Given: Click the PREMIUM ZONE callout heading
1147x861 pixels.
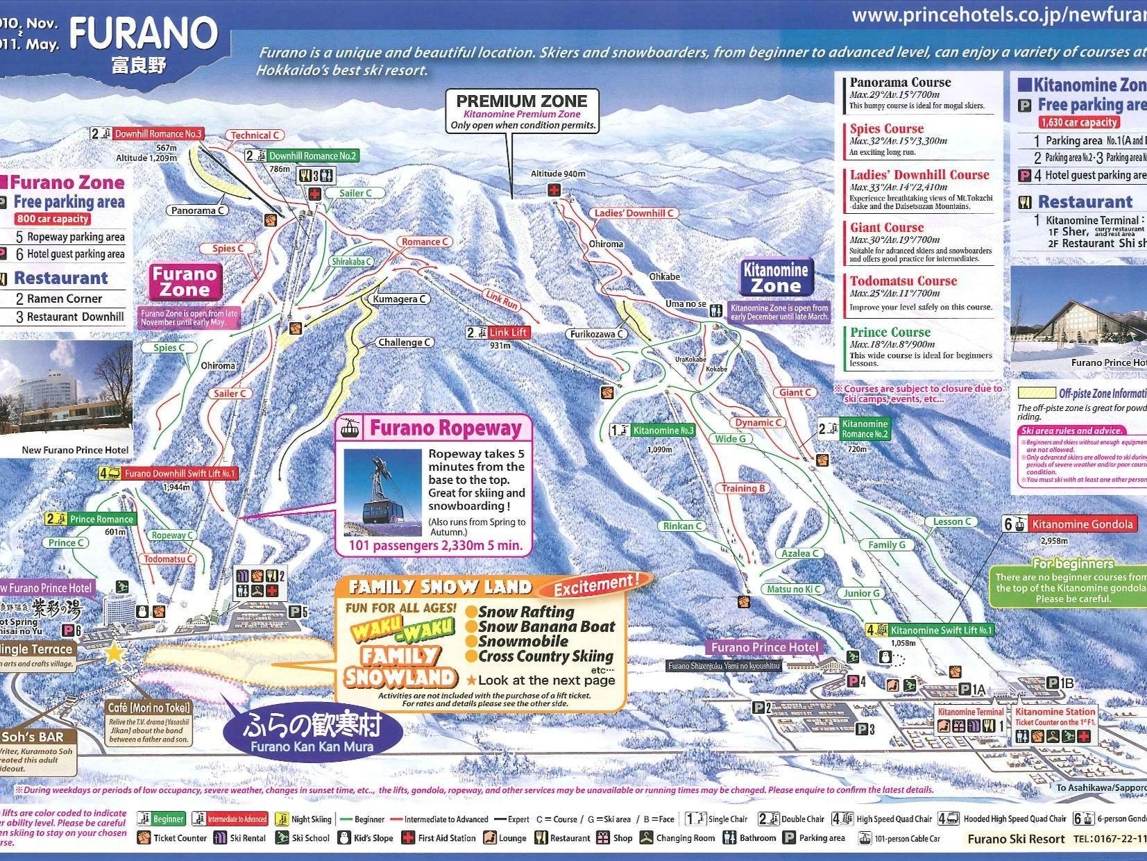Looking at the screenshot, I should [x=521, y=101].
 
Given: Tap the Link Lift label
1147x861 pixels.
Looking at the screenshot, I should [x=507, y=333].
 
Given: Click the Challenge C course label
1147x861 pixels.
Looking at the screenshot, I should [x=405, y=342].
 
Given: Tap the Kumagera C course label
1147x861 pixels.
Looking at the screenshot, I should [x=400, y=299].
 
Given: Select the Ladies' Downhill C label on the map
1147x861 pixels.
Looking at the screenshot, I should [x=634, y=213].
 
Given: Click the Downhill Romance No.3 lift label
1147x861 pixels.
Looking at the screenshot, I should [x=158, y=133].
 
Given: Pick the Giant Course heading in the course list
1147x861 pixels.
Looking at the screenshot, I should [x=887, y=228].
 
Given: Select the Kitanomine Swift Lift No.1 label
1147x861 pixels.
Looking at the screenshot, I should [x=941, y=630].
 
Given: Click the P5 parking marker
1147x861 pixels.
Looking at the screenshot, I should [x=298, y=612].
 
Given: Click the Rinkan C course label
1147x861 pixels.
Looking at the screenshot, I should [x=682, y=526].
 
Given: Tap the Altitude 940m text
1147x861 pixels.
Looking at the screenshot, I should [x=558, y=174].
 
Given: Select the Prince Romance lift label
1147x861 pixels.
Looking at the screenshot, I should [x=101, y=519].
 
